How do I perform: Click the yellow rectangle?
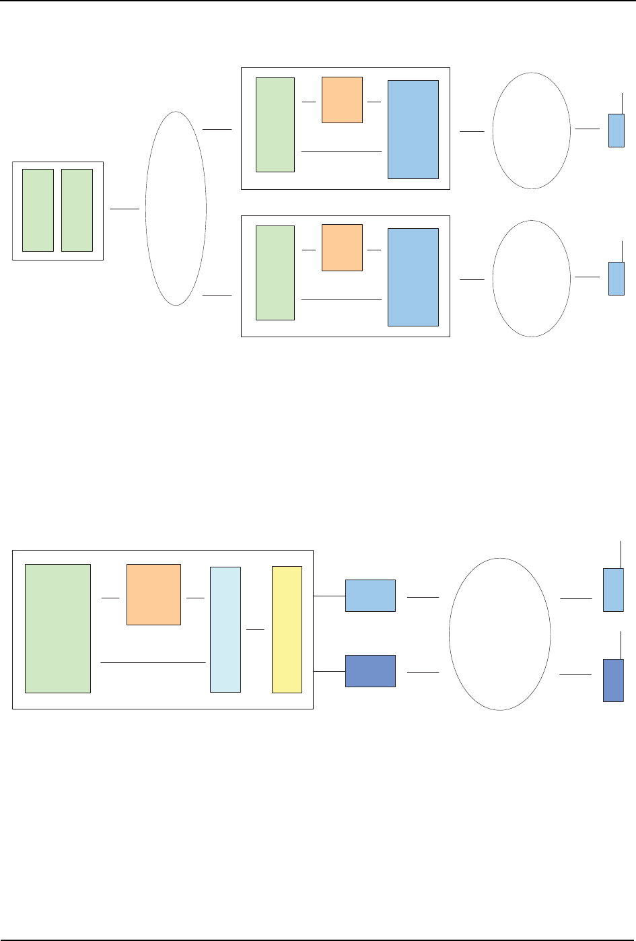click(287, 629)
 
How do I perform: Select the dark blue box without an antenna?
click(370, 671)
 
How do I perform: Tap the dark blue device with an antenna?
click(613, 681)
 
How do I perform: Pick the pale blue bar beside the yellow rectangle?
click(225, 629)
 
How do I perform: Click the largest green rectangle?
click(58, 628)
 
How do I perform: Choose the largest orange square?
click(153, 594)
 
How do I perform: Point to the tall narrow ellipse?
click(176, 208)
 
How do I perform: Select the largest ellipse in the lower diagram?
click(499, 634)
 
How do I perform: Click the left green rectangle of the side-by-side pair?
click(38, 210)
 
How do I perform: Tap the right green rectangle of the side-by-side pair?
click(77, 210)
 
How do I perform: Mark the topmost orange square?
click(342, 100)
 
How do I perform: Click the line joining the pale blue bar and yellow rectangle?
click(256, 629)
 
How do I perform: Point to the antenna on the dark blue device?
click(621, 645)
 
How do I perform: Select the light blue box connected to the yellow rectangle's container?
click(370, 595)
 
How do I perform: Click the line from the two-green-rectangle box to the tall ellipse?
click(125, 209)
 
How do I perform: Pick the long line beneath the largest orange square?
click(153, 663)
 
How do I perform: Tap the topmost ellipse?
click(531, 131)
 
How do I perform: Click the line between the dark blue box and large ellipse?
click(423, 672)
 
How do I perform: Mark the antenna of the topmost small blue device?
click(623, 103)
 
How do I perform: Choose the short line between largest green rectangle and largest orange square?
click(110, 597)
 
